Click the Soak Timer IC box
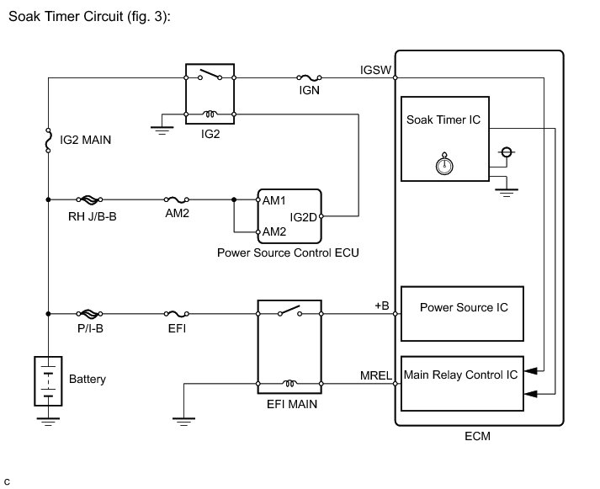pyautogui.click(x=443, y=139)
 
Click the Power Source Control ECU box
pyautogui.click(x=289, y=215)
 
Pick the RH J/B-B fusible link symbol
pyautogui.click(x=89, y=200)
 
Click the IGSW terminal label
pyautogui.click(x=374, y=70)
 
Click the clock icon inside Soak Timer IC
pyautogui.click(x=443, y=164)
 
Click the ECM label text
pyautogui.click(x=477, y=437)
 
